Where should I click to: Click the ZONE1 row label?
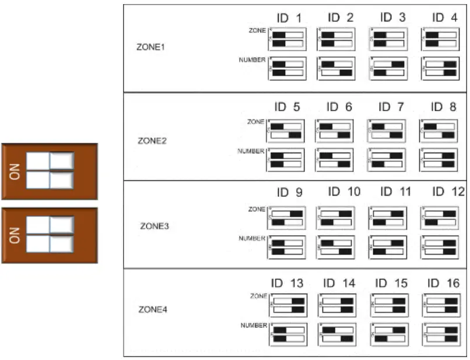[150, 47]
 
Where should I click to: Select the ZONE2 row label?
[152, 140]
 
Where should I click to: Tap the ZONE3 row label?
[154, 225]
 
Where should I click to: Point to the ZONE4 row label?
[153, 309]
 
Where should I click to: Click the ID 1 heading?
[289, 18]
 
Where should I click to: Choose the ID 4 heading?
[444, 17]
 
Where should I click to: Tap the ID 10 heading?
[344, 192]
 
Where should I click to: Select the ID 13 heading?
[287, 284]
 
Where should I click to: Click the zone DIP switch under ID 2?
[336, 39]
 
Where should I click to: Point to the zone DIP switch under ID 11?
[388, 218]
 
